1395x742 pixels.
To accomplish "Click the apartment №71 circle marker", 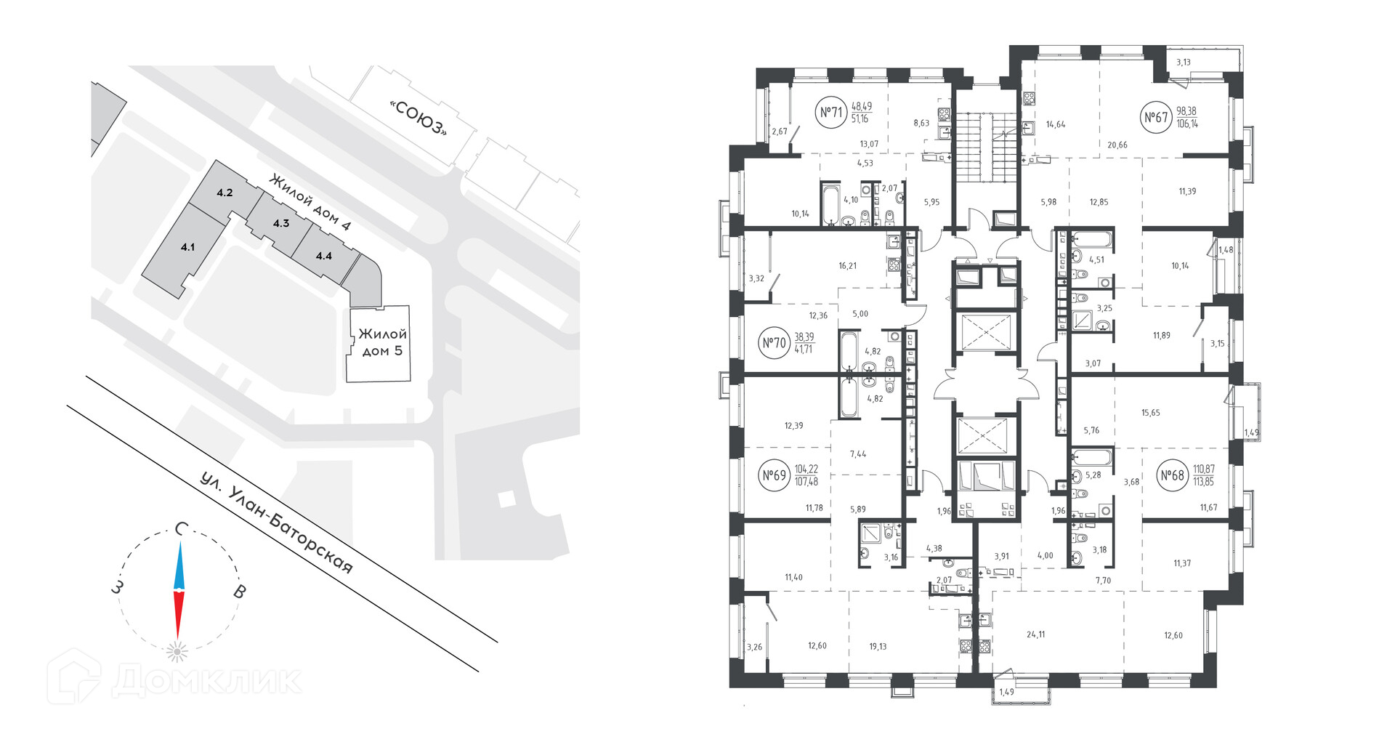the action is click(831, 113).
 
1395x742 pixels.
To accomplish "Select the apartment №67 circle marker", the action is click(1156, 117).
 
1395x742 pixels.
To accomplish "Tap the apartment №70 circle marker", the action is click(775, 342).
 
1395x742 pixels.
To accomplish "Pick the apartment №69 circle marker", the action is click(775, 475).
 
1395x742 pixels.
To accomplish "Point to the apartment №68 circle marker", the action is click(1172, 475).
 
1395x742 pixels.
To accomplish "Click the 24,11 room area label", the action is click(1036, 634).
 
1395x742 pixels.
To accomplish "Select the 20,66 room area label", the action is click(1117, 145).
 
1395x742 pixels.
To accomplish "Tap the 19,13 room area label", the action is click(878, 646).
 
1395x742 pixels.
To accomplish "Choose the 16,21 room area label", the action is click(847, 266).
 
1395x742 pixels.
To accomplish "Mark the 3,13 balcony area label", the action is click(1184, 62).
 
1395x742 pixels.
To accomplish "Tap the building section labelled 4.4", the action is click(324, 256).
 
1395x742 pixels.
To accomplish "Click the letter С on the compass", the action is click(182, 529).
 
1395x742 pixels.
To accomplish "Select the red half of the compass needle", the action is click(178, 615).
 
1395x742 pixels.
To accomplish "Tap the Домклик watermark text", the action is click(206, 680).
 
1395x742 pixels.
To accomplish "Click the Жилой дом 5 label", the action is click(382, 342).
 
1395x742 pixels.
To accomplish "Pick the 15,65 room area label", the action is click(1150, 413).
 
